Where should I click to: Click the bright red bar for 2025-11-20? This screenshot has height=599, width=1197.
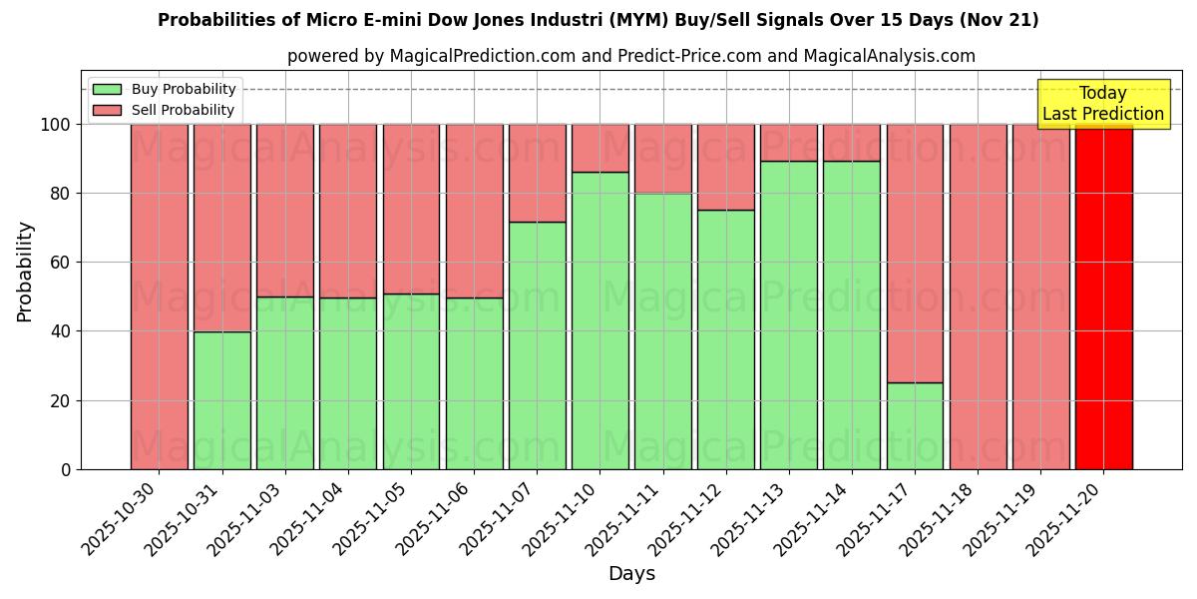point(1103,297)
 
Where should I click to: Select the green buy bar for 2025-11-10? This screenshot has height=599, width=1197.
point(599,320)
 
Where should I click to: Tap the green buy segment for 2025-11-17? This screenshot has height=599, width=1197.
point(915,425)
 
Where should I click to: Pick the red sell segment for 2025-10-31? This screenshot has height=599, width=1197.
point(221,228)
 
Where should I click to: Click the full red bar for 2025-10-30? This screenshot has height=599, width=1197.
point(159,297)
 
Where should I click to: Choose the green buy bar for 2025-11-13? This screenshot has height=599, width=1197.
point(788,314)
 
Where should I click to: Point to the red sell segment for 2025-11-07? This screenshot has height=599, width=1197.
point(537,173)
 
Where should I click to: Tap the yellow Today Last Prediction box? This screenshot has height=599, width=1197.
point(1102,104)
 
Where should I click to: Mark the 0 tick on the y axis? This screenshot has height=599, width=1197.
point(66,470)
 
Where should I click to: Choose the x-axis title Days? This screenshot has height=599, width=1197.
point(631,574)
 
